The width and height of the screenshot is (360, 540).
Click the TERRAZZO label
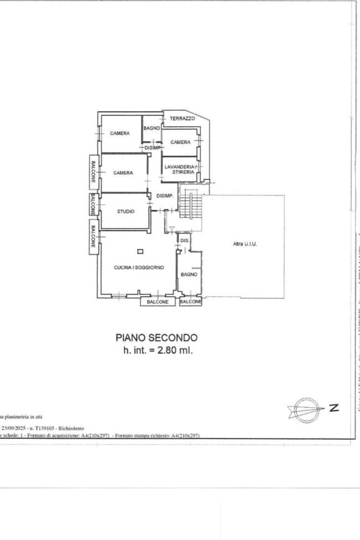point(182,119)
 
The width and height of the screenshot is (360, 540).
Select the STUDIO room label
point(126,211)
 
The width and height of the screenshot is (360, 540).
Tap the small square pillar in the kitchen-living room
point(140,251)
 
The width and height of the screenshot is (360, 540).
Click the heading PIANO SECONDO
point(157,338)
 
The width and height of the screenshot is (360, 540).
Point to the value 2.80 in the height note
point(164,350)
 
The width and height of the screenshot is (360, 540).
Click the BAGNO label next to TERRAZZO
point(152,128)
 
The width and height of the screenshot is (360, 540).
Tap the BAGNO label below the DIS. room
point(189,274)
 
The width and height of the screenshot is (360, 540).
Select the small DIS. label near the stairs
point(185,241)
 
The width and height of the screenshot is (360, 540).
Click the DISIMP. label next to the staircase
point(165,196)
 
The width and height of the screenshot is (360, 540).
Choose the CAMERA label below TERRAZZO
point(180,142)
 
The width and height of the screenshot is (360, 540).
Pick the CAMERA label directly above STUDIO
point(123,173)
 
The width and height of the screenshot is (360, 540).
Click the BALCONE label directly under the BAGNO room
point(190,302)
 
